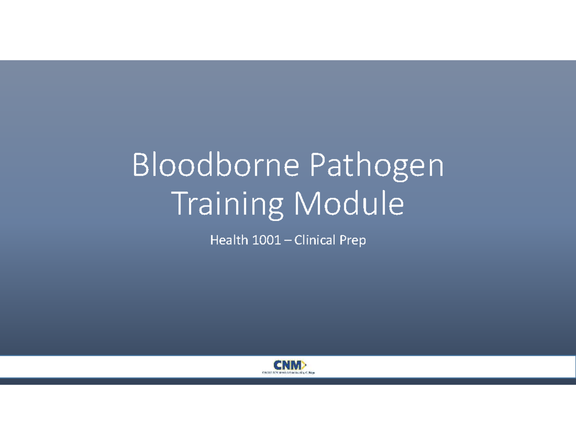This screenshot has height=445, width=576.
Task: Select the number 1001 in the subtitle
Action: pos(262,240)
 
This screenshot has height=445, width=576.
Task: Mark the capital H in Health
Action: pos(214,240)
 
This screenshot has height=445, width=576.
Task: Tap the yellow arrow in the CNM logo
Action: pos(304,365)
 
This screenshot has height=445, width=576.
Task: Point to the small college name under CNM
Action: pos(288,373)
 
